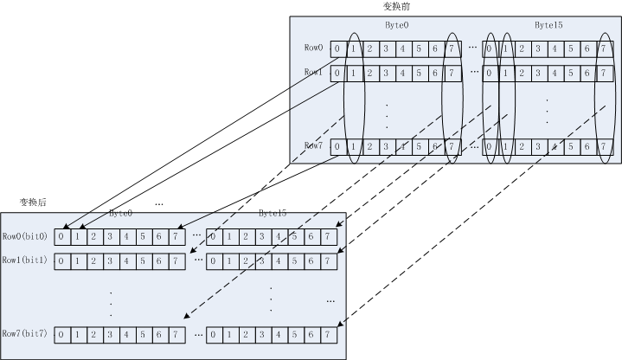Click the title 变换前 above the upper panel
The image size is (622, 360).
point(394,6)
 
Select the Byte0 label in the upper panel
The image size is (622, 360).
point(397,26)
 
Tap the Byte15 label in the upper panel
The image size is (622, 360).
point(548,26)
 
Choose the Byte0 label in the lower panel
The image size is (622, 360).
point(120,213)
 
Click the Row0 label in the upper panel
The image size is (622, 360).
point(313,48)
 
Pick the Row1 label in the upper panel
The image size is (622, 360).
point(313,72)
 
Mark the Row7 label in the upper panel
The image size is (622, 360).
point(313,145)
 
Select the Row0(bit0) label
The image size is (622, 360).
point(24,235)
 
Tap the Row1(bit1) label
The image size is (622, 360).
point(24,260)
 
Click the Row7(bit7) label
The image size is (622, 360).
point(24,333)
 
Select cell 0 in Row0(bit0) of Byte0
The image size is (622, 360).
point(61,236)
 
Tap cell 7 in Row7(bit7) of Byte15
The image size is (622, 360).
point(328,334)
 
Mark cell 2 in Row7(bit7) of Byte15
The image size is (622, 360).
point(245,334)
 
